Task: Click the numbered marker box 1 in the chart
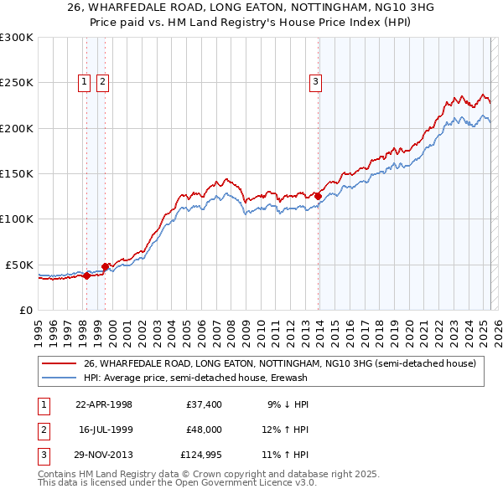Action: click(x=86, y=82)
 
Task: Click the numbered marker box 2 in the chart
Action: click(x=102, y=82)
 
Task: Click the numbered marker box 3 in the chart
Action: click(x=315, y=82)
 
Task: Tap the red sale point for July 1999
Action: click(x=105, y=266)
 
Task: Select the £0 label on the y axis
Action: click(x=26, y=310)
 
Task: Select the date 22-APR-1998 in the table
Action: click(x=104, y=404)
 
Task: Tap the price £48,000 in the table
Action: click(x=204, y=430)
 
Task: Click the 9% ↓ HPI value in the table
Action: click(x=288, y=404)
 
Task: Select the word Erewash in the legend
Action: click(x=360, y=378)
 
